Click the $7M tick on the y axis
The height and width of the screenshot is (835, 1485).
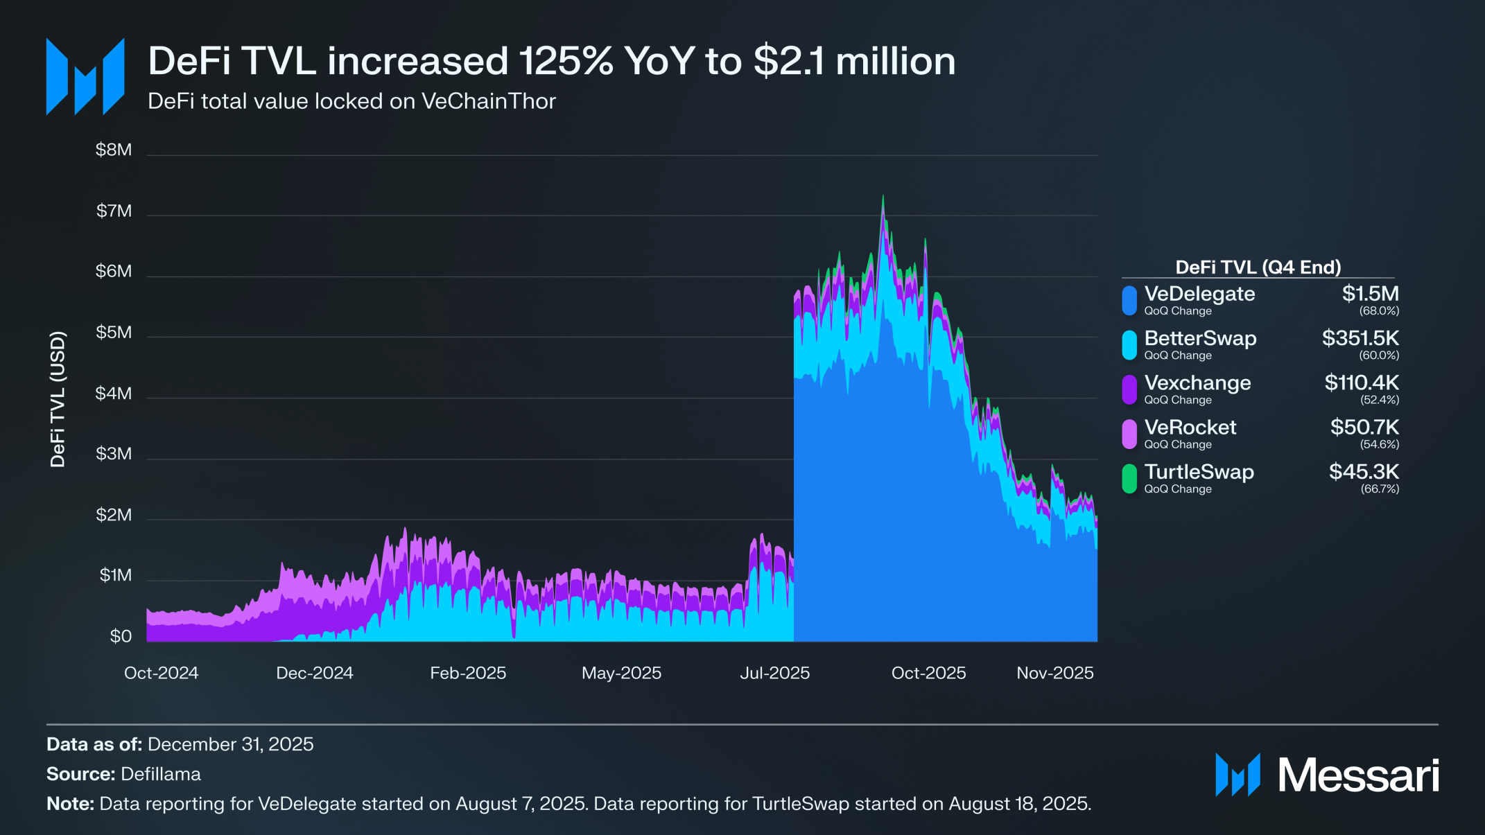[x=114, y=211]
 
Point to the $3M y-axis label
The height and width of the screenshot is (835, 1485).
[x=114, y=454]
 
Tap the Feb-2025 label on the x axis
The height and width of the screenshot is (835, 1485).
[x=468, y=673]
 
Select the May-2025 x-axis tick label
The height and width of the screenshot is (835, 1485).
[x=621, y=673]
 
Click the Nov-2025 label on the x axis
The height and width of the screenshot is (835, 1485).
[x=1054, y=673]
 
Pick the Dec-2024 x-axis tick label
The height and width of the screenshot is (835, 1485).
[x=315, y=673]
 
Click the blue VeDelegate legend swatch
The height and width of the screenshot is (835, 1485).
[x=1129, y=301]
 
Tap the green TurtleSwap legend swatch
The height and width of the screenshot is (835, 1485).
[x=1129, y=479]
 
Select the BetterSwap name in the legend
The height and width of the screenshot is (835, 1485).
[x=1200, y=338]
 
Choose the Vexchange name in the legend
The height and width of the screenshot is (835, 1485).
[x=1197, y=383]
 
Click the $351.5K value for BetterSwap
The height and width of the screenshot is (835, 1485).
[x=1360, y=338]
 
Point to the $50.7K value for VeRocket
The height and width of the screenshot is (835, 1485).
[x=1364, y=427]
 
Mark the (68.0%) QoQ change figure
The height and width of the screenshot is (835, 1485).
[x=1379, y=311]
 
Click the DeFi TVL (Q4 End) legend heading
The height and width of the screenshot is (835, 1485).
[x=1258, y=267]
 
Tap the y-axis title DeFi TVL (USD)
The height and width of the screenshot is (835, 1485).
[x=58, y=399]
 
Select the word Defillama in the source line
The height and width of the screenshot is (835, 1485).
[x=161, y=774]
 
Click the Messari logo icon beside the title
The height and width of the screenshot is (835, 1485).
[x=85, y=76]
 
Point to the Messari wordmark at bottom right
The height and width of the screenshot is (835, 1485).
[x=1358, y=775]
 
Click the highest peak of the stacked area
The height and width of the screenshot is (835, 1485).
[x=883, y=196]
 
